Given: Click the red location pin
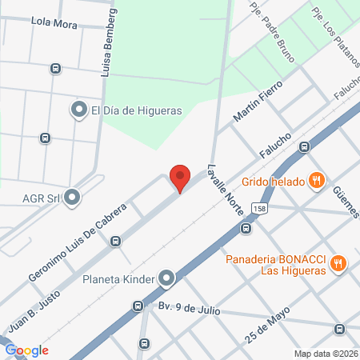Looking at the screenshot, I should click(x=180, y=178).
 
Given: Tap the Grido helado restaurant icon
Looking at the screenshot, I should click(x=318, y=180).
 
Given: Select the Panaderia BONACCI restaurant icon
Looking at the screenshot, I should click(x=338, y=262).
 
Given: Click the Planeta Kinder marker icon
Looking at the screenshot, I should click(x=166, y=279).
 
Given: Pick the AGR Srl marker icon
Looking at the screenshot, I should click(x=73, y=196).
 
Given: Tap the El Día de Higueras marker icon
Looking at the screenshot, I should click(x=79, y=110).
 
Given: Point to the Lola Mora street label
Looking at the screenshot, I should click(x=54, y=25).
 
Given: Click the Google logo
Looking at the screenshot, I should click(x=26, y=350).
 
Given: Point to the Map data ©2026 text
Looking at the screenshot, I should click(x=324, y=354).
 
